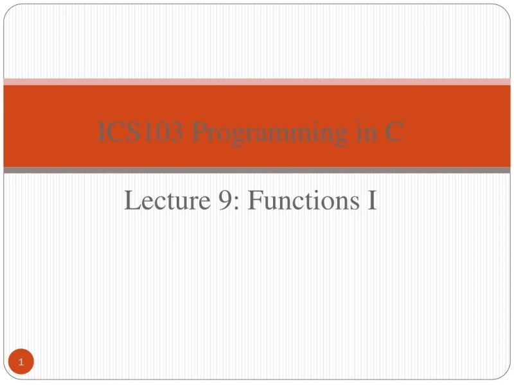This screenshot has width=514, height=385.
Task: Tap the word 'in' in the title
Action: click(366, 133)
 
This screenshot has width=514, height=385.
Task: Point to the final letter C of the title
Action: click(394, 133)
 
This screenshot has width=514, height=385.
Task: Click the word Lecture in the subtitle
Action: click(164, 201)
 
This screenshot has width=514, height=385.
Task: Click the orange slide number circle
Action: click(21, 363)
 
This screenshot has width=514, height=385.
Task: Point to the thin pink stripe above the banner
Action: click(257, 81)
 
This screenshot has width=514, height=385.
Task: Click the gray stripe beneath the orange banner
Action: click(257, 170)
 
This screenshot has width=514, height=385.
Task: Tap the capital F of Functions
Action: click(254, 201)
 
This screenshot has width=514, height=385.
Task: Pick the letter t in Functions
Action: click(305, 202)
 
